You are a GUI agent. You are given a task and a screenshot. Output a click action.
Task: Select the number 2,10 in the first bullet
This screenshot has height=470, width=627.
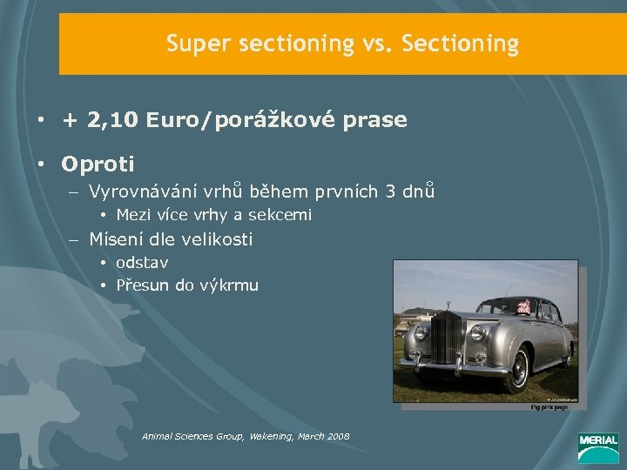pos(113,120)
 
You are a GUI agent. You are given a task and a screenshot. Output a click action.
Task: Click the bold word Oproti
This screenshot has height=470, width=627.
pos(98,163)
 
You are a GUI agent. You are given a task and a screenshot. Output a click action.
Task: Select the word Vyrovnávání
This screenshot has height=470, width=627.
pos(140,191)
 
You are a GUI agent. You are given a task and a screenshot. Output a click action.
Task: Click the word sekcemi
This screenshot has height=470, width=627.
pos(281,214)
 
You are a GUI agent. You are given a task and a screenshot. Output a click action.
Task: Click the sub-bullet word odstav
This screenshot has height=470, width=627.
pos(141,262)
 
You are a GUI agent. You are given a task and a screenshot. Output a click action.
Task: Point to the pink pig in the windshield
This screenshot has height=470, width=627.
pos(524,305)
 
